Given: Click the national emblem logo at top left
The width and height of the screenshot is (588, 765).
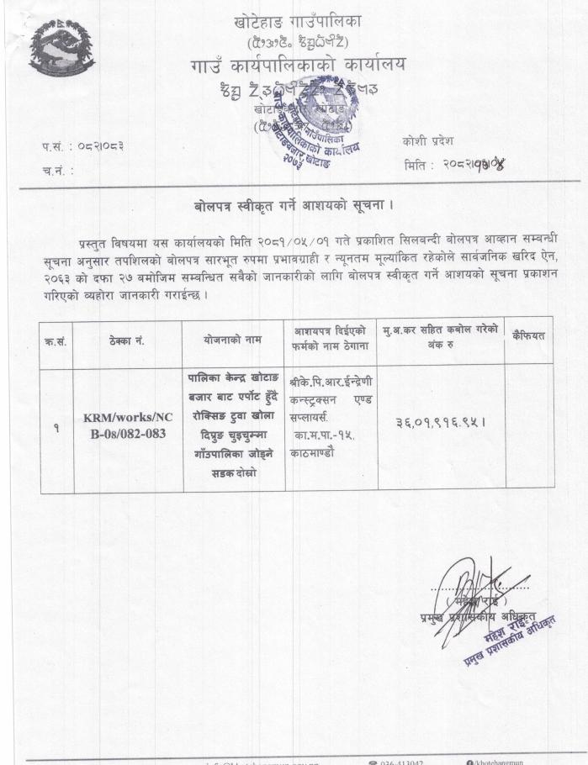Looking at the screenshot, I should pyautogui.click(x=61, y=46).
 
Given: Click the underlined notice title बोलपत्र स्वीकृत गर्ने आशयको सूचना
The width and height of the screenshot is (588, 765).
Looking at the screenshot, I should pyautogui.click(x=294, y=205).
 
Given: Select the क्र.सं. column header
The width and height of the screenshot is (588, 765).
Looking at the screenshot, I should pyautogui.click(x=56, y=342).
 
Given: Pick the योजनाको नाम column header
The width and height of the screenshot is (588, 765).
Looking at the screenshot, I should pyautogui.click(x=232, y=341).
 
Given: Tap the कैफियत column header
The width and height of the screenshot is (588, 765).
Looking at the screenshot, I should pyautogui.click(x=528, y=336).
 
